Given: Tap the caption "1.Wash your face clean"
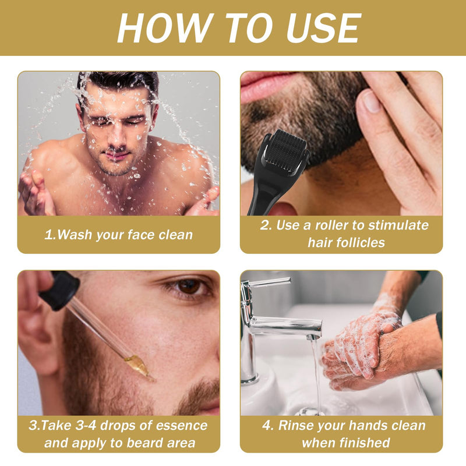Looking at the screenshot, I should pyautogui.click(x=118, y=235).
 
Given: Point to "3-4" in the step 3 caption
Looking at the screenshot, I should pyautogui.click(x=93, y=425).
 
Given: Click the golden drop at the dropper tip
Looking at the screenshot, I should pyautogui.click(x=138, y=366).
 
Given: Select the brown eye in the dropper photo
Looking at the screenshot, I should pyautogui.click(x=188, y=286).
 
